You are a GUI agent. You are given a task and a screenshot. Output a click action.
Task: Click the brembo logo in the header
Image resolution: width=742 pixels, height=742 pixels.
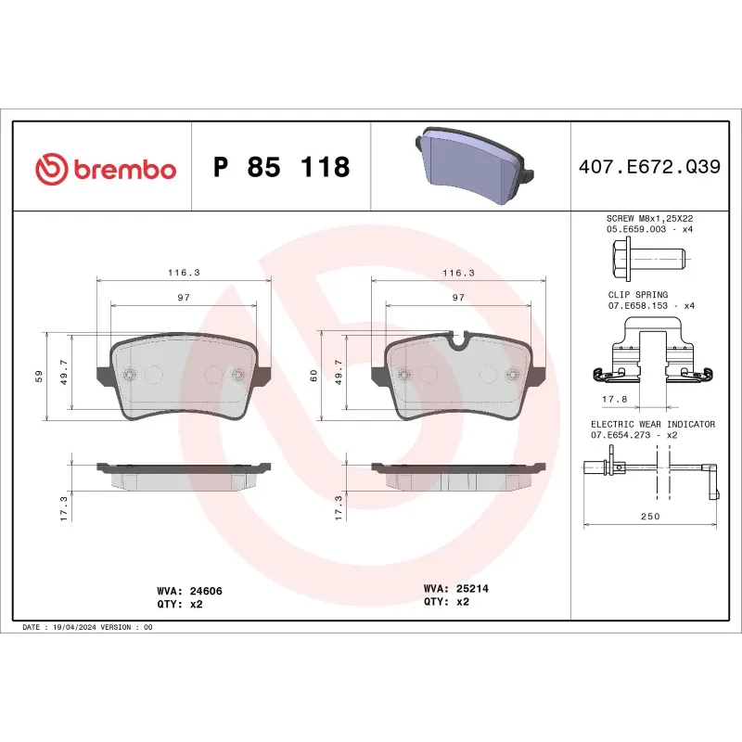click(105, 169)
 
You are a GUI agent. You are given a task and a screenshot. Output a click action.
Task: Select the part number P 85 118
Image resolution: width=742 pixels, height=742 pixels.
click(281, 168)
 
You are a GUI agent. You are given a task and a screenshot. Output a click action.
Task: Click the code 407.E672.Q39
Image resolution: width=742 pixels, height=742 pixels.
click(648, 168)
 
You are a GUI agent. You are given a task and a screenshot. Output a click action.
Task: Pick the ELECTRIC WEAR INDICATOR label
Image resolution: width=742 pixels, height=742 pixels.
click(653, 424)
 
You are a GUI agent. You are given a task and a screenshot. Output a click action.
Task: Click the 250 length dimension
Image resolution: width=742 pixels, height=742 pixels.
click(650, 517)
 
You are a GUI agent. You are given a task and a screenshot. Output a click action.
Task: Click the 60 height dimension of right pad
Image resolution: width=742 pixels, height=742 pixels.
click(313, 376)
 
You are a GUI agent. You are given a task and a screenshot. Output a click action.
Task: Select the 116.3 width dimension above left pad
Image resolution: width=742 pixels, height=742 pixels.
click(184, 274)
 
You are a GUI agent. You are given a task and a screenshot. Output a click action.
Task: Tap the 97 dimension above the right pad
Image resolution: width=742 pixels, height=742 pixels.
click(458, 297)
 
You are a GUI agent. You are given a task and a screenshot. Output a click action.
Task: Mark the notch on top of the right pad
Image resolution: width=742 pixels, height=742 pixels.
click(457, 339)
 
